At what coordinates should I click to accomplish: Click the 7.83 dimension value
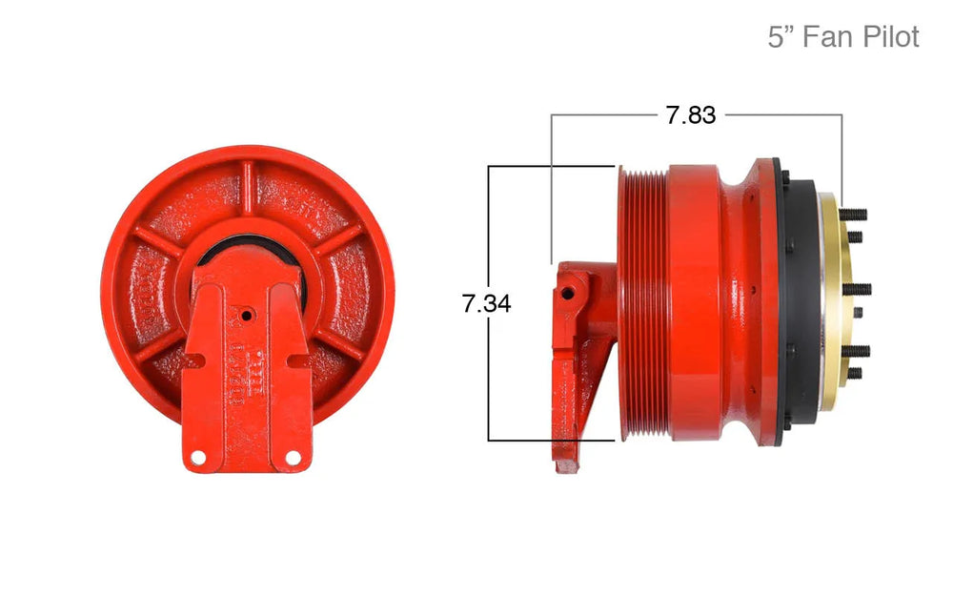pos(690,115)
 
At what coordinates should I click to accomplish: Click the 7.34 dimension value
pos(486,303)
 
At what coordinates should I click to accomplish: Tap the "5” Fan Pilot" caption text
pos(843,37)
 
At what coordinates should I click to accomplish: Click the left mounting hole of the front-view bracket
pos(197,456)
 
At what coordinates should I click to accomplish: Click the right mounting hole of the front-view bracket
pos(293,456)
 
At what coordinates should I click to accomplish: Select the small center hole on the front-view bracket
pos(246,316)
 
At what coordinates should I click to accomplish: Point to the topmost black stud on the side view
pos(853,214)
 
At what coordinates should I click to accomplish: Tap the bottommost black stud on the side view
pos(855,373)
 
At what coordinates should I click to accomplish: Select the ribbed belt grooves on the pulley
pos(644,303)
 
